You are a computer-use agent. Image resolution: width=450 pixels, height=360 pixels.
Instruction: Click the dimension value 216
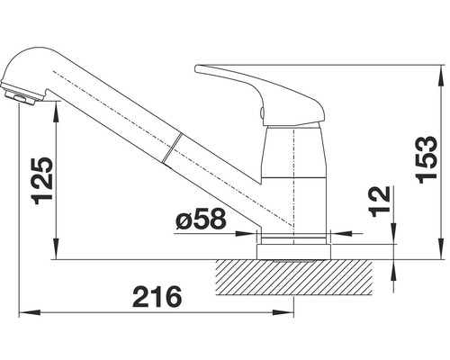154,296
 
